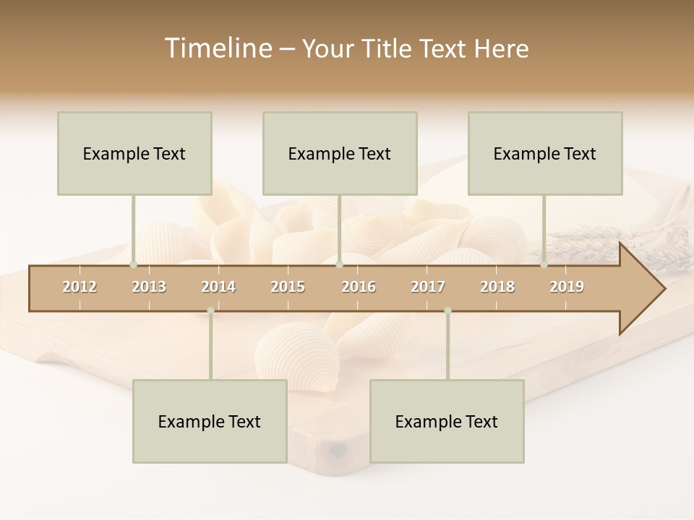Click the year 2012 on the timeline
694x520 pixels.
pyautogui.click(x=80, y=287)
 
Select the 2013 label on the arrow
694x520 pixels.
pyautogui.click(x=149, y=287)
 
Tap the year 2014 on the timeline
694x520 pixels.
pyautogui.click(x=218, y=287)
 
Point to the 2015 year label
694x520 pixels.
pyautogui.click(x=288, y=287)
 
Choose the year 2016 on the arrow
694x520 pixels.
pyautogui.click(x=359, y=287)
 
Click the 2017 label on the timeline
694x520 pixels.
pyautogui.click(x=428, y=287)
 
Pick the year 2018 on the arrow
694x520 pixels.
pyautogui.click(x=497, y=287)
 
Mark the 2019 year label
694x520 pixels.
pyautogui.click(x=567, y=287)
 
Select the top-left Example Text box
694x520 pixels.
pyautogui.click(x=134, y=153)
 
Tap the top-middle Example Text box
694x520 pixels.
pyautogui.click(x=340, y=153)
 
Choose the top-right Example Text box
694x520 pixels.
pyautogui.click(x=545, y=153)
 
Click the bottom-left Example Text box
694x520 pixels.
pyautogui.click(x=210, y=421)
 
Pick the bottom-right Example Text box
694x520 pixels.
pyautogui.click(x=447, y=421)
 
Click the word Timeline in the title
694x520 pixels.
pyautogui.click(x=217, y=48)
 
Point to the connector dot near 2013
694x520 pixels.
pyautogui.click(x=133, y=264)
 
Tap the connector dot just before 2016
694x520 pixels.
pyautogui.click(x=340, y=264)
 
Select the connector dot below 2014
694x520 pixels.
pyautogui.click(x=210, y=311)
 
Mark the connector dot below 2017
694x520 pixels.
pyautogui.click(x=447, y=311)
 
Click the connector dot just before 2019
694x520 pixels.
pyautogui.click(x=544, y=264)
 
